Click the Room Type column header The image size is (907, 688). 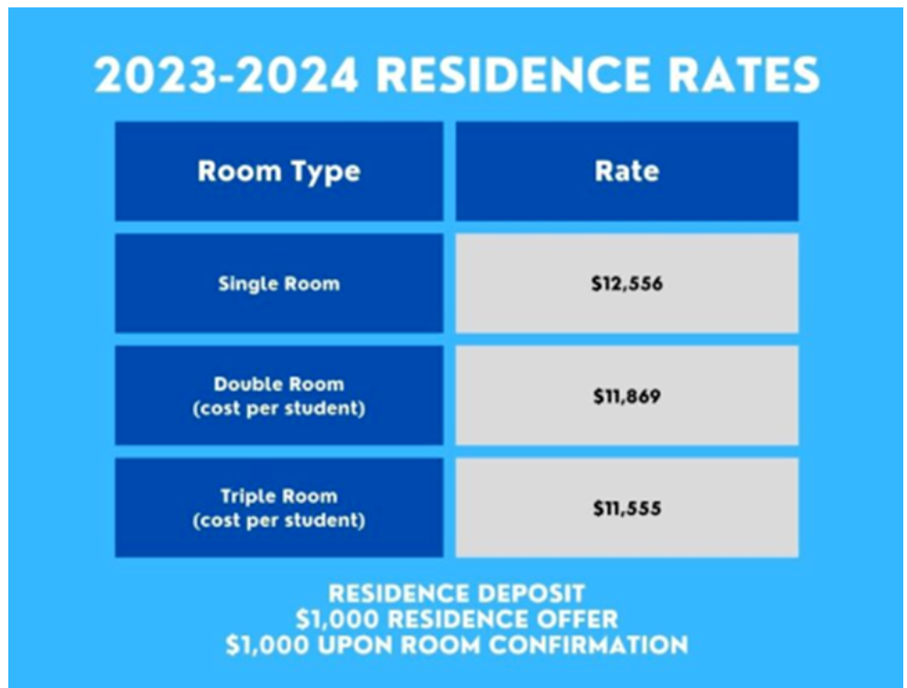click(x=278, y=172)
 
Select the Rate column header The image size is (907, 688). click(x=627, y=172)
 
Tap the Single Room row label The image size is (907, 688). click(x=278, y=284)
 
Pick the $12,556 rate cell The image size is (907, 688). click(x=627, y=284)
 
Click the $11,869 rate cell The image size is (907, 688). click(x=627, y=397)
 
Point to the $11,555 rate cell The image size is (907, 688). click(x=627, y=509)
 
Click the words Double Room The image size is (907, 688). click(x=278, y=385)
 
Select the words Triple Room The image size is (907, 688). click(x=278, y=497)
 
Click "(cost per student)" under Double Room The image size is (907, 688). click(x=278, y=409)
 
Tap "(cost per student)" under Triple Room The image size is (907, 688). click(x=278, y=521)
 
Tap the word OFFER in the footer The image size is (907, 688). click(x=577, y=619)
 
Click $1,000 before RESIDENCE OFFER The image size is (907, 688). click(x=332, y=619)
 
